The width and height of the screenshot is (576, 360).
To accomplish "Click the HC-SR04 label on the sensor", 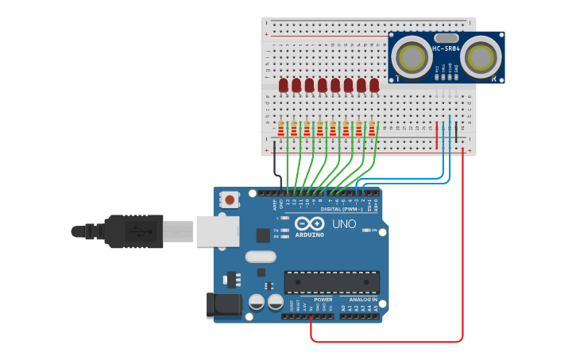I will pos(446,49).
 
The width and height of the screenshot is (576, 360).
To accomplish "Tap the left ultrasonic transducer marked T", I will pos(411,56).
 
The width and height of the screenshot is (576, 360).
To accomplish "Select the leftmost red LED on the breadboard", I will pos(284,84).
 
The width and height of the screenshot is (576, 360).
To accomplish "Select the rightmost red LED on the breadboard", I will pos(374,84).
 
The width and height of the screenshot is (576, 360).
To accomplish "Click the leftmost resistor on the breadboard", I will pos(280,128).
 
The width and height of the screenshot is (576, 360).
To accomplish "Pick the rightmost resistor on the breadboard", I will pos(371,128).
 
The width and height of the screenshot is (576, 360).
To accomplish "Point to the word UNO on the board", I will pos(343,224).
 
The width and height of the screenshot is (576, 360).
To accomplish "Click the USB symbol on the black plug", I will pos(136,231).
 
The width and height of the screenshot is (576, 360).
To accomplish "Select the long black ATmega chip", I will pos(331,282).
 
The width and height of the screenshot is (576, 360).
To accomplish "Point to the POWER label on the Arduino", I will pos(313,300).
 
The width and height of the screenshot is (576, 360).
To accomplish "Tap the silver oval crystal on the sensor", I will pos(446,37).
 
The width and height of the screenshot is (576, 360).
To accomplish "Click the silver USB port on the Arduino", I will pos(217,231).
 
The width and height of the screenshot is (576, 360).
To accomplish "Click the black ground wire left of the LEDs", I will pos(275,167).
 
